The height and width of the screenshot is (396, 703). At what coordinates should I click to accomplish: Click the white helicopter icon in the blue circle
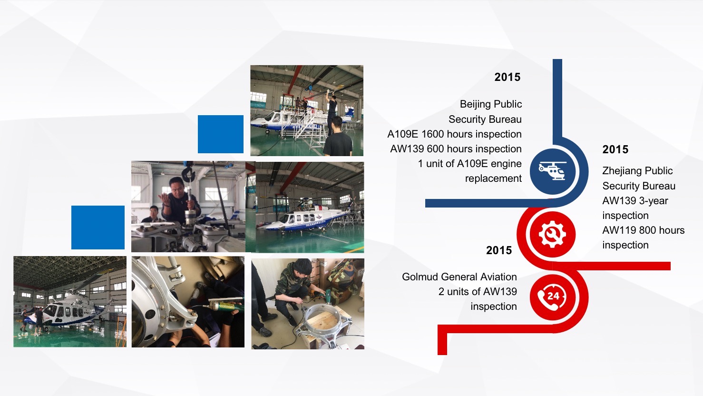click(553, 171)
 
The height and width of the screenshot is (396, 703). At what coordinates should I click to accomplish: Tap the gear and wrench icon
click(552, 234)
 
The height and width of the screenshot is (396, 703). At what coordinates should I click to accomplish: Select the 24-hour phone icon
click(552, 297)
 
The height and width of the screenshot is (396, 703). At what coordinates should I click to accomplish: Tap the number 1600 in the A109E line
click(433, 134)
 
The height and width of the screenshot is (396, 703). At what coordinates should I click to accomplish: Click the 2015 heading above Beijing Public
click(507, 77)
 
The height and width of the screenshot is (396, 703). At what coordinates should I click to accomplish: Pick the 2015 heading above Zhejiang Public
click(615, 149)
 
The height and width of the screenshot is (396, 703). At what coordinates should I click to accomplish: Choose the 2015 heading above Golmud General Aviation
click(498, 250)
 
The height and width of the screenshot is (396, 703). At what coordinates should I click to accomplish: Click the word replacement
click(493, 178)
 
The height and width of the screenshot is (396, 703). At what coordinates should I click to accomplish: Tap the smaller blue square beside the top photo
click(221, 134)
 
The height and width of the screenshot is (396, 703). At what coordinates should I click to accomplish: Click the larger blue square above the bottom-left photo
click(98, 228)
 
